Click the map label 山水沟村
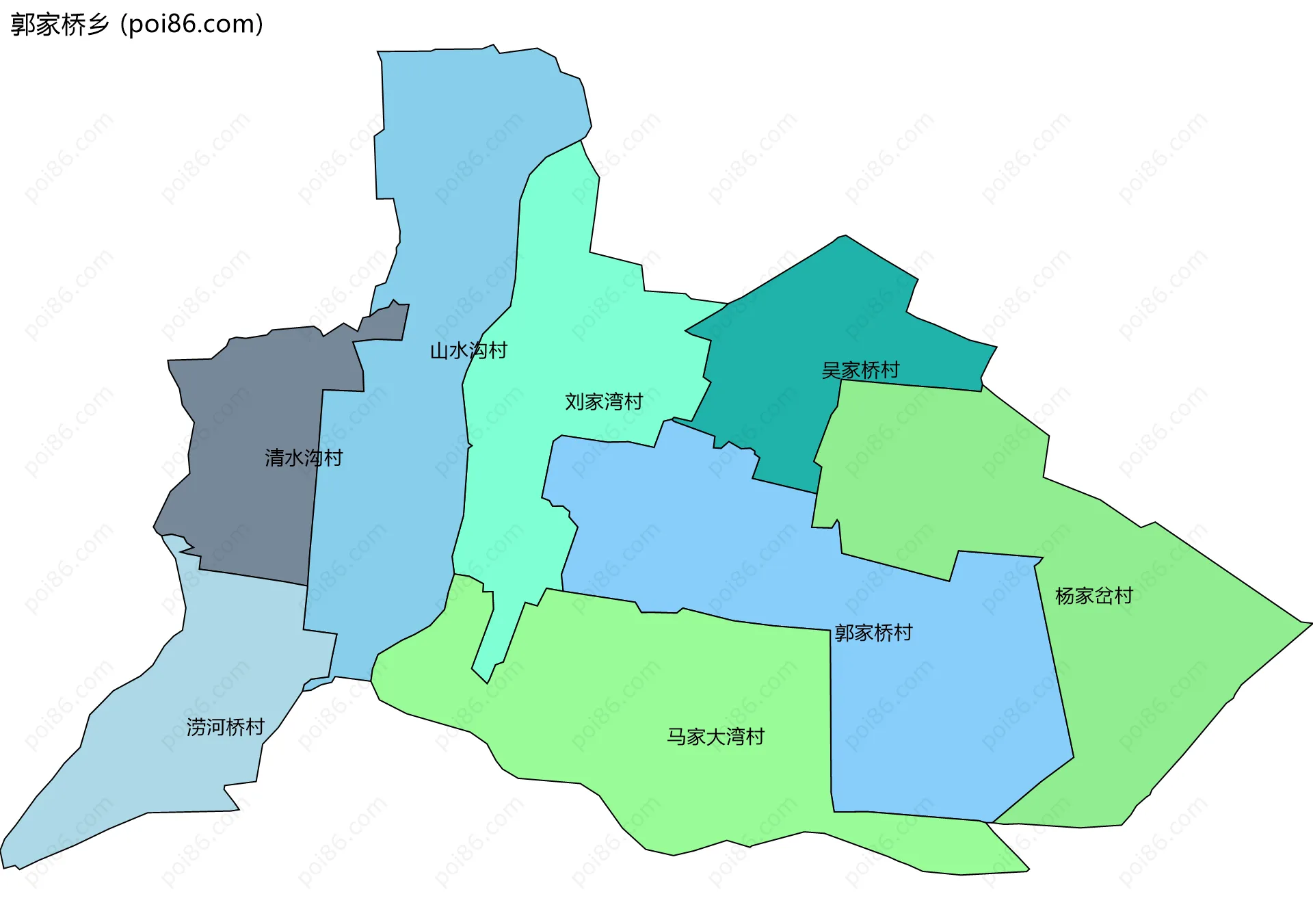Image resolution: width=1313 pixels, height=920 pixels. pos(468,351)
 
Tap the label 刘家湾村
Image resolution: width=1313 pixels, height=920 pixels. pos(604,402)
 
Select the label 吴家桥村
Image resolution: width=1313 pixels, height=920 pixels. pos(860,370)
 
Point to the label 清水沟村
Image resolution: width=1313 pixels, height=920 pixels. pos(304,458)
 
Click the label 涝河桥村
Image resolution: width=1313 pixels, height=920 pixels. pos(225,726)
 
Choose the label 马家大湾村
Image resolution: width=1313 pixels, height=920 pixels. pos(715,737)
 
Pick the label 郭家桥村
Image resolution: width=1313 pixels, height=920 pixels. pos(873,633)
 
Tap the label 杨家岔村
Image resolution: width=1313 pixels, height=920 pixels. pos(1093,596)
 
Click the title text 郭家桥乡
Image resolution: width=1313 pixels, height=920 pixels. pos(60,25)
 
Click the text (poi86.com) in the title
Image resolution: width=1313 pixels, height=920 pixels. pos(191,25)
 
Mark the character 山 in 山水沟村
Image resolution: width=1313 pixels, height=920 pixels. pos(440,351)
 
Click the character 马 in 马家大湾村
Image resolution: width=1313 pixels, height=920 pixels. pos(677,737)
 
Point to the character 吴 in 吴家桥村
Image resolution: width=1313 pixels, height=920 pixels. pos(832,370)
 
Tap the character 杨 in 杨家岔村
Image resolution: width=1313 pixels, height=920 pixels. pos(1065,596)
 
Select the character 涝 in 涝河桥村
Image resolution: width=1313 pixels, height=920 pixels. pos(196,726)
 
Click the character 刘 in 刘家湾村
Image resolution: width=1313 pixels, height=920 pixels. pos(574,402)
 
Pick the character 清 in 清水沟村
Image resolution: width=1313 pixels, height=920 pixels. pos(275,458)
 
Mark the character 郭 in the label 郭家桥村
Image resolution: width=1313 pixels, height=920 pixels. pos(845,633)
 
